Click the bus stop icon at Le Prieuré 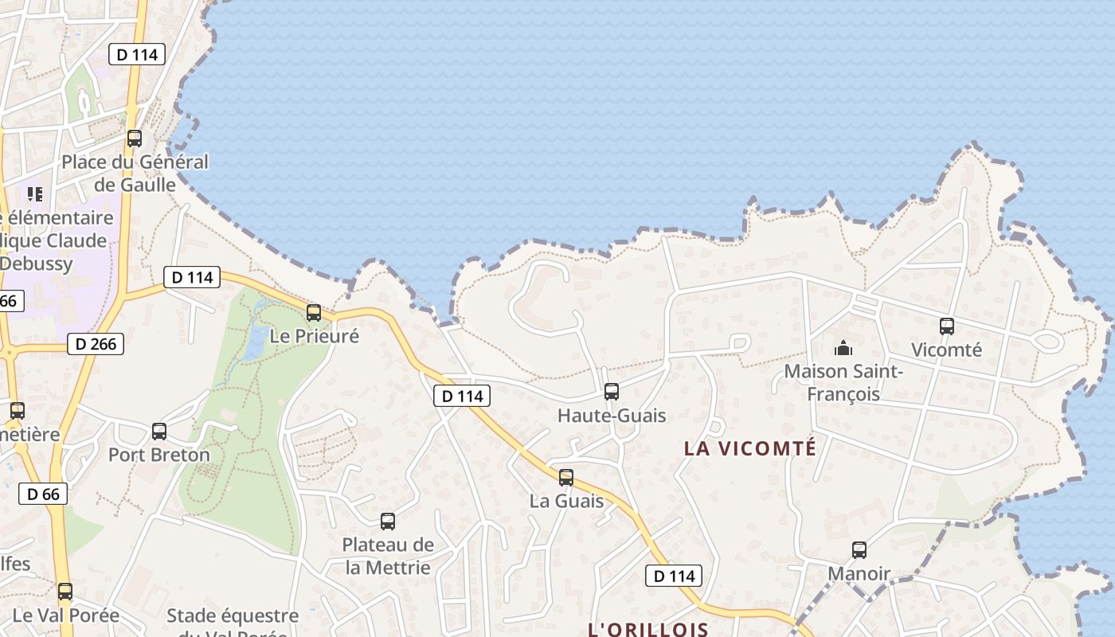point(314,312)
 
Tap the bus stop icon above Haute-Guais point(612,391)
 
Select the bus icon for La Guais point(566,477)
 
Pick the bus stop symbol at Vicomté point(946,326)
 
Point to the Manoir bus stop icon point(859,549)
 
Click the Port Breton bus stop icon point(159,431)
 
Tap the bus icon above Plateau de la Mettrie point(388,522)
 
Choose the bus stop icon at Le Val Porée point(65,592)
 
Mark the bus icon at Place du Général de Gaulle point(135,138)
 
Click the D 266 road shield point(96,344)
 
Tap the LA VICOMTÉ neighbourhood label point(750,448)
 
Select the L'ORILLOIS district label point(648,629)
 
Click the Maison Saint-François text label point(843,382)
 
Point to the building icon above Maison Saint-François point(843,348)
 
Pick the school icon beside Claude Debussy point(34,193)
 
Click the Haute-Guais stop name point(612,415)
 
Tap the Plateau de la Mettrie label point(388,556)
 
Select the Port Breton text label point(159,455)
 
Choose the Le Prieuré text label point(315,336)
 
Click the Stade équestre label point(233,616)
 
